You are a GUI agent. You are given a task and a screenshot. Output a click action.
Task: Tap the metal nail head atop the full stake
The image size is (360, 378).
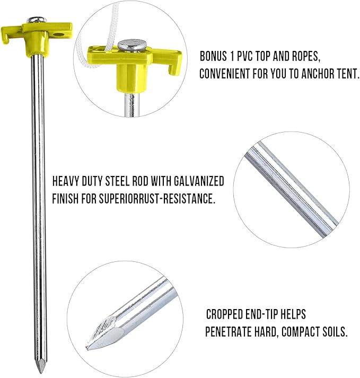point(33,20)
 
